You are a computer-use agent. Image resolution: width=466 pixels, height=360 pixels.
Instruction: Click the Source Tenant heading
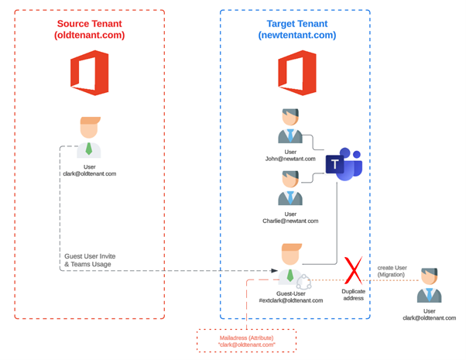coord(89,29)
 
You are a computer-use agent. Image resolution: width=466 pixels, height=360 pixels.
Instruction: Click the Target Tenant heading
coord(296,29)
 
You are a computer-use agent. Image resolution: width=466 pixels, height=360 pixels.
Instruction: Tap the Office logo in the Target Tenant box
coord(297,73)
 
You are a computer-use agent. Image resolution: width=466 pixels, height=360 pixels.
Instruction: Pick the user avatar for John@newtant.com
coord(290,127)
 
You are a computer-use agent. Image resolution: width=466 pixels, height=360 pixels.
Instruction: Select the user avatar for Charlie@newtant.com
coord(290,188)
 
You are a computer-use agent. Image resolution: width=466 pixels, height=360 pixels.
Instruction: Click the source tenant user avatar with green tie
coord(89,138)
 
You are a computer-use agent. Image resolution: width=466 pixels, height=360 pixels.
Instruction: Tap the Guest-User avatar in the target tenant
coord(290,264)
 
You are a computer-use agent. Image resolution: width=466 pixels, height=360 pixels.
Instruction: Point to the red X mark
coord(353,271)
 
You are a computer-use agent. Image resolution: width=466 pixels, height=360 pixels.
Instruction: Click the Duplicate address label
coord(353,294)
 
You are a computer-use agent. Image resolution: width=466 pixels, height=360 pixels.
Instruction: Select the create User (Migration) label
coord(392,271)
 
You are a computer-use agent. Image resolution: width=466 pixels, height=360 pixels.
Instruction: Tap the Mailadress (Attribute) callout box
coord(246,341)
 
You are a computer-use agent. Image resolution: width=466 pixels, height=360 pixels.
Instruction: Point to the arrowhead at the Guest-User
coord(274,271)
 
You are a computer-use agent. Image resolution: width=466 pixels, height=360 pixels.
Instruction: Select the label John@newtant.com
coord(290,159)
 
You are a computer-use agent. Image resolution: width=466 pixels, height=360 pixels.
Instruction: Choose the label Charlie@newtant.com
coord(290,221)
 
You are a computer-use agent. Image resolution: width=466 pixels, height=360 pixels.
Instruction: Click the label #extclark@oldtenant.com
coord(290,300)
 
